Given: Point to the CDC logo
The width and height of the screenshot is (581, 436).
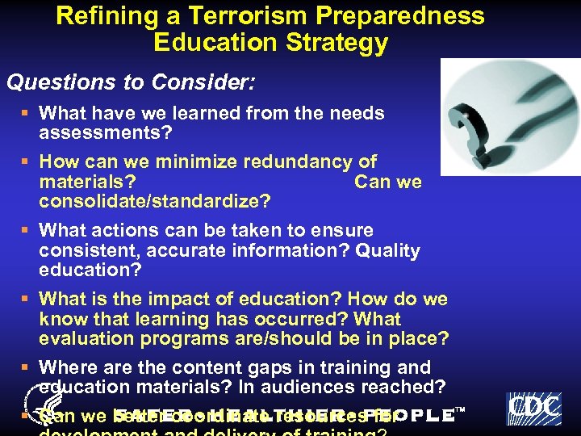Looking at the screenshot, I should (x=533, y=409).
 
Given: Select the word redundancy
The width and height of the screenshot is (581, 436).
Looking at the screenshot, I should (x=296, y=161).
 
